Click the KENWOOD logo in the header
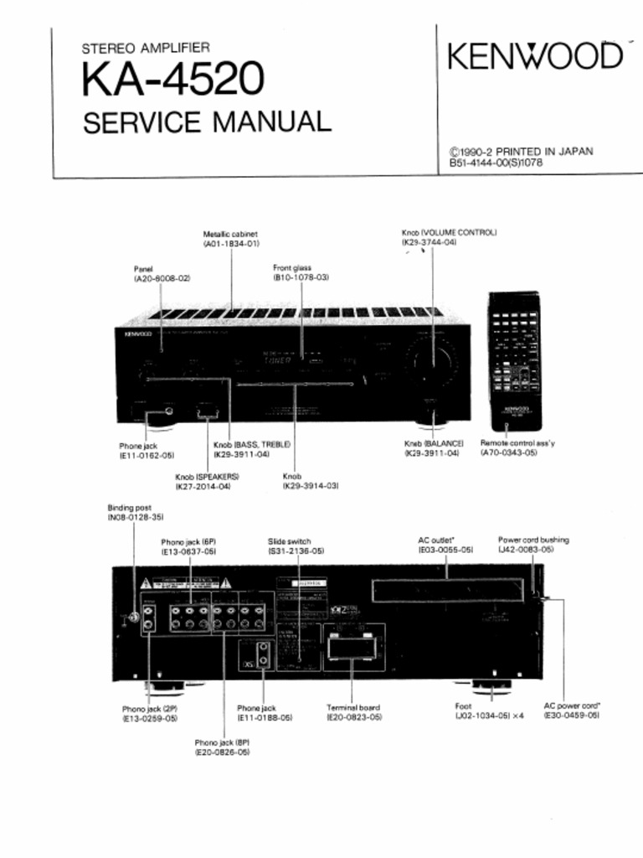click(536, 56)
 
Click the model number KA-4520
click(173, 81)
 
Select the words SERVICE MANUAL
click(207, 122)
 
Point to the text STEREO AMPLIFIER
click(146, 49)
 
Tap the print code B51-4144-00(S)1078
click(496, 163)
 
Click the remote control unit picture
click(513, 361)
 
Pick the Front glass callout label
click(292, 268)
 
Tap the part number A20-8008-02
click(162, 277)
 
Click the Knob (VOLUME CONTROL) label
click(449, 232)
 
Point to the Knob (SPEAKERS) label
click(207, 476)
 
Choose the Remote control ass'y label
click(517, 442)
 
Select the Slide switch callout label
click(290, 541)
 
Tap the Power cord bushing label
click(533, 540)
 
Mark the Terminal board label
click(353, 708)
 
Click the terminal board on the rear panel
click(352, 646)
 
